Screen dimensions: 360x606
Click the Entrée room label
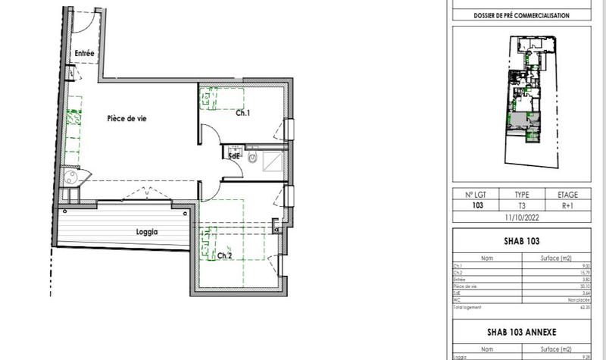(x=84, y=53)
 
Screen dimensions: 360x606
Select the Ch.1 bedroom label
(x=243, y=114)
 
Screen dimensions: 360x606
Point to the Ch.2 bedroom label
(x=224, y=256)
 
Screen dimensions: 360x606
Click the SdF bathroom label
(x=235, y=156)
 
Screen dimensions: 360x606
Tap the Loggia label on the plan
(x=147, y=233)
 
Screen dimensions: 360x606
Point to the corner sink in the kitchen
(x=71, y=178)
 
